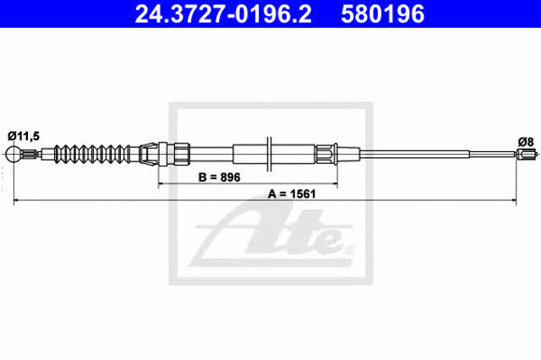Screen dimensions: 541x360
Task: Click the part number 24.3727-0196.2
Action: click(223, 14)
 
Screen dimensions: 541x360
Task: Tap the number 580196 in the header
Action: click(382, 14)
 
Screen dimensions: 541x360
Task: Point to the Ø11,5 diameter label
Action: click(24, 136)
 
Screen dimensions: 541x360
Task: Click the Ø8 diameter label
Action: click(526, 142)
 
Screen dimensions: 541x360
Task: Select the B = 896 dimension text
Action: click(220, 177)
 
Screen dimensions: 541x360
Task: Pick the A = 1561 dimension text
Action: click(292, 194)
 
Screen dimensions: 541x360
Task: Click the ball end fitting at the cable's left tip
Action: click(14, 154)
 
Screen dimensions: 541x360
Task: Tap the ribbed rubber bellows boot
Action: click(92, 154)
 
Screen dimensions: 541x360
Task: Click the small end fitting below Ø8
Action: click(527, 154)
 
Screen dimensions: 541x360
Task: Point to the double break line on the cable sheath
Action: click(269, 154)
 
